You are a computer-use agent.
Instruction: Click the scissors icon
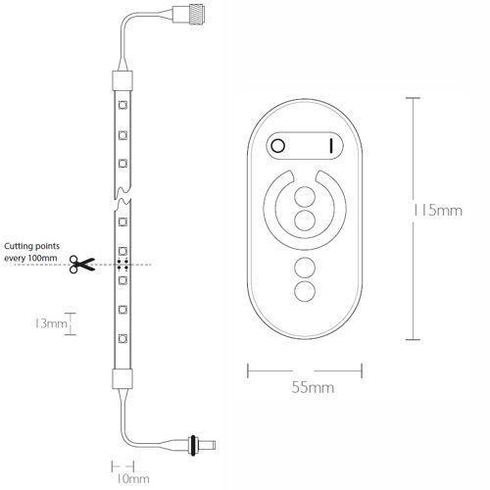pyautogui.click(x=81, y=264)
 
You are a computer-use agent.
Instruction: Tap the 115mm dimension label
pyautogui.click(x=438, y=211)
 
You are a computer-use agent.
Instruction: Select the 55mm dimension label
pyautogui.click(x=313, y=387)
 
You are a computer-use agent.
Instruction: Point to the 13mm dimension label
pyautogui.click(x=51, y=323)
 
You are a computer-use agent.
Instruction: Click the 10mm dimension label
pyautogui.click(x=133, y=479)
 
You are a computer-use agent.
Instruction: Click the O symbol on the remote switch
pyautogui.click(x=278, y=146)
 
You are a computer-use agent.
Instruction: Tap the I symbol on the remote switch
pyautogui.click(x=331, y=146)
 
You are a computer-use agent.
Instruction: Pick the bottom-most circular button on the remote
pyautogui.click(x=305, y=291)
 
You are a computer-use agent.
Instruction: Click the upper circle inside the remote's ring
pyautogui.click(x=305, y=197)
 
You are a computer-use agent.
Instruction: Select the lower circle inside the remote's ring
pyautogui.click(x=305, y=220)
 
